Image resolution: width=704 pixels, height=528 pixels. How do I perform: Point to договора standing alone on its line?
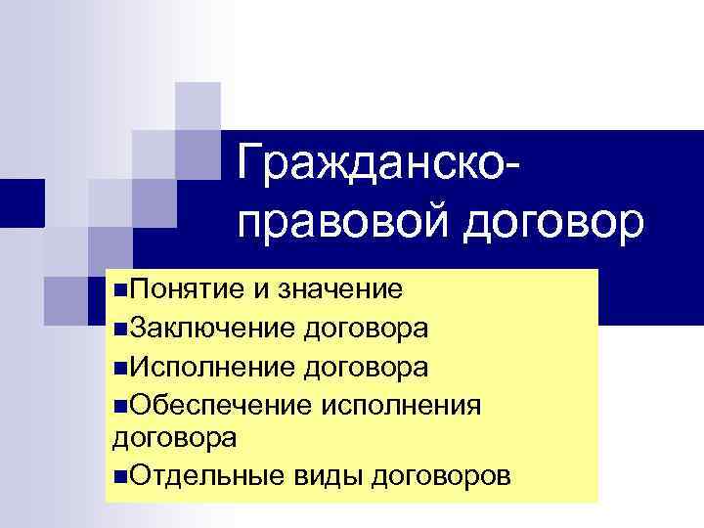[x=175, y=439]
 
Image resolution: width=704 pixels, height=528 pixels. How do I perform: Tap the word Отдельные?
[x=199, y=476]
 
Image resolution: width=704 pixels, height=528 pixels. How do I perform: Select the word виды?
[x=314, y=476]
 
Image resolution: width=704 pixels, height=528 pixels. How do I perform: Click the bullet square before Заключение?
[x=119, y=329]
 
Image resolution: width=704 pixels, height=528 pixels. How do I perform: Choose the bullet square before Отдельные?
[x=119, y=477]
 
